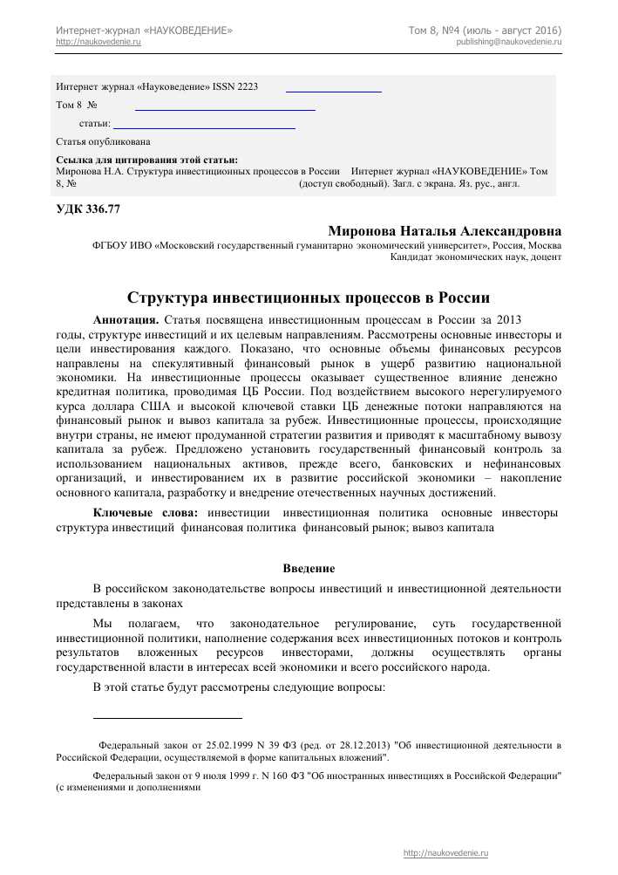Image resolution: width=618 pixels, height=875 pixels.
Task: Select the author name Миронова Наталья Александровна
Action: point(445,231)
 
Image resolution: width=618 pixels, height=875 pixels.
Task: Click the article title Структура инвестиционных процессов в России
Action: point(309,297)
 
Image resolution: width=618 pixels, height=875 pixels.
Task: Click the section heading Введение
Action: point(309,569)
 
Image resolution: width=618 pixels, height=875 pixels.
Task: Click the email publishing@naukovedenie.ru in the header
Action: point(508,42)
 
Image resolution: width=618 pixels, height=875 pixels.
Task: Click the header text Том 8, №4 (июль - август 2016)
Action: point(485,31)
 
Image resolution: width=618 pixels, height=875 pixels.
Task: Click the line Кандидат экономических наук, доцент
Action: point(475,258)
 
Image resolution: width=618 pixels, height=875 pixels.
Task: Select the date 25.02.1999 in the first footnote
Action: point(229,746)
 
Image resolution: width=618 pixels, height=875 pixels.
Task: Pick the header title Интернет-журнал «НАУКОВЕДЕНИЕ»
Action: point(144,31)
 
